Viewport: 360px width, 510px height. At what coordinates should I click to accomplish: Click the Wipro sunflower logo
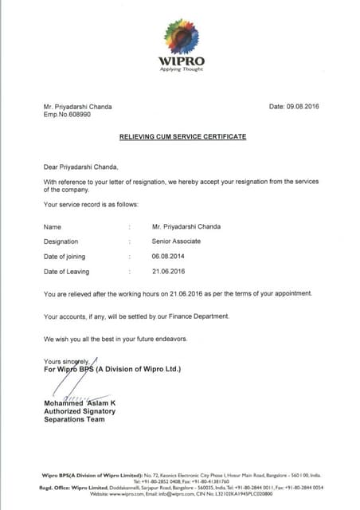[181, 37]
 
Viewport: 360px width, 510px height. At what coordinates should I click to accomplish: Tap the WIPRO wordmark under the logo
[181, 61]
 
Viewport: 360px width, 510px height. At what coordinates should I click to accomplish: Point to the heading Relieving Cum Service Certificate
[182, 137]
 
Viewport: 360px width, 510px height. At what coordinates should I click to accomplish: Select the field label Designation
[61, 241]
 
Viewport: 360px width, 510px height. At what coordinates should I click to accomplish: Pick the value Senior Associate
[176, 241]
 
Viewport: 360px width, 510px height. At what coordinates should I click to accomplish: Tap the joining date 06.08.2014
[167, 257]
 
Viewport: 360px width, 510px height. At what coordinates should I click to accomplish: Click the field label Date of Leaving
[66, 272]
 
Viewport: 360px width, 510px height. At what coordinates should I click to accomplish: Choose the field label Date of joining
[65, 257]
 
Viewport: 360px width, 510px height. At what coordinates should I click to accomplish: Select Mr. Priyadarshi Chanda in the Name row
[186, 226]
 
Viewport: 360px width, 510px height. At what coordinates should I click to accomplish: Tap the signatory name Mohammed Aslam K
[80, 403]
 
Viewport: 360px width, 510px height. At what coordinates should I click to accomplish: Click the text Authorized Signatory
[80, 411]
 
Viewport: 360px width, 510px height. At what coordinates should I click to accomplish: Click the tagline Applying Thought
[181, 70]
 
